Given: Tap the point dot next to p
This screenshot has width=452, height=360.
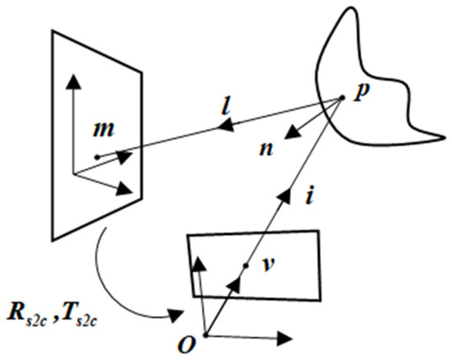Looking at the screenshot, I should pos(341,99).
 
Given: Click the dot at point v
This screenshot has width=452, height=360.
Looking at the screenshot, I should pos(246,265).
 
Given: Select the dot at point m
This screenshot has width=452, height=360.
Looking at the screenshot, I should pos(97,156).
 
